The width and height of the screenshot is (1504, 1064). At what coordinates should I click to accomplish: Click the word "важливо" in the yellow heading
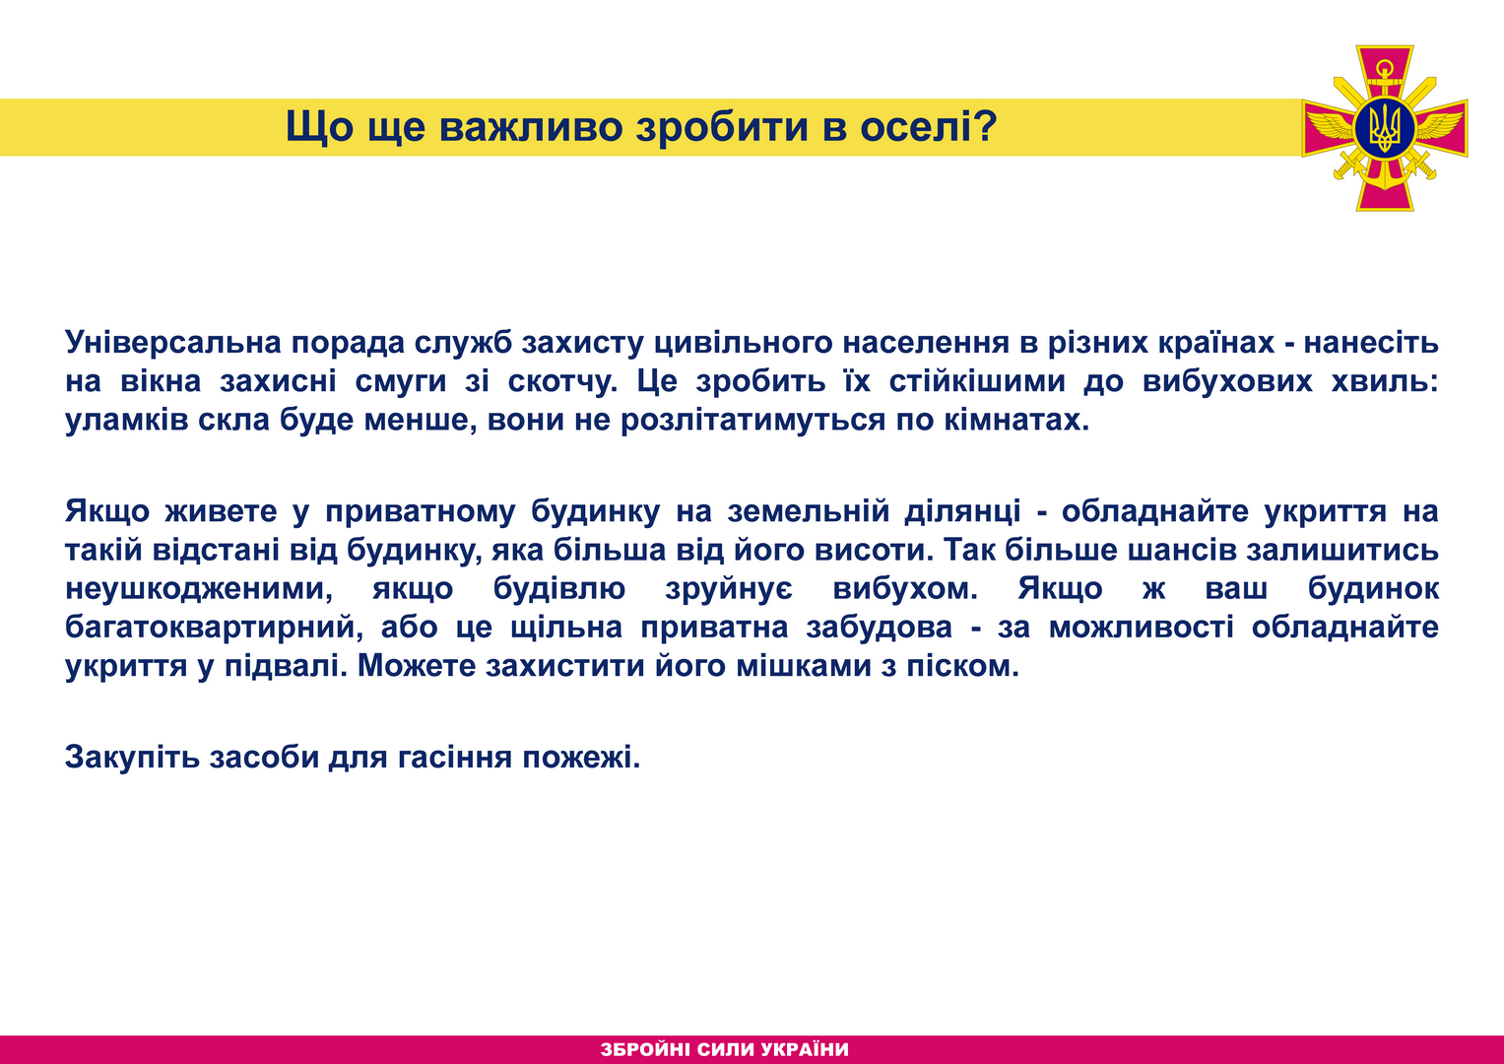pos(531,126)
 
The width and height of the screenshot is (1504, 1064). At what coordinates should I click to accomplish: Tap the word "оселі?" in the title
pos(929,126)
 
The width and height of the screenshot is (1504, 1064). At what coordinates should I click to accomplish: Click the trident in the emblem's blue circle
pos(1385,128)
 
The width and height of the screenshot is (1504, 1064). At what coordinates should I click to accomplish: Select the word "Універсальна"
pos(173,343)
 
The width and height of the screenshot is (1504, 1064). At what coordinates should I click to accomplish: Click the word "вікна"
pos(161,381)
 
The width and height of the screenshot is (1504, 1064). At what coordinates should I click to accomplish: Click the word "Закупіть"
pos(132,757)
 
